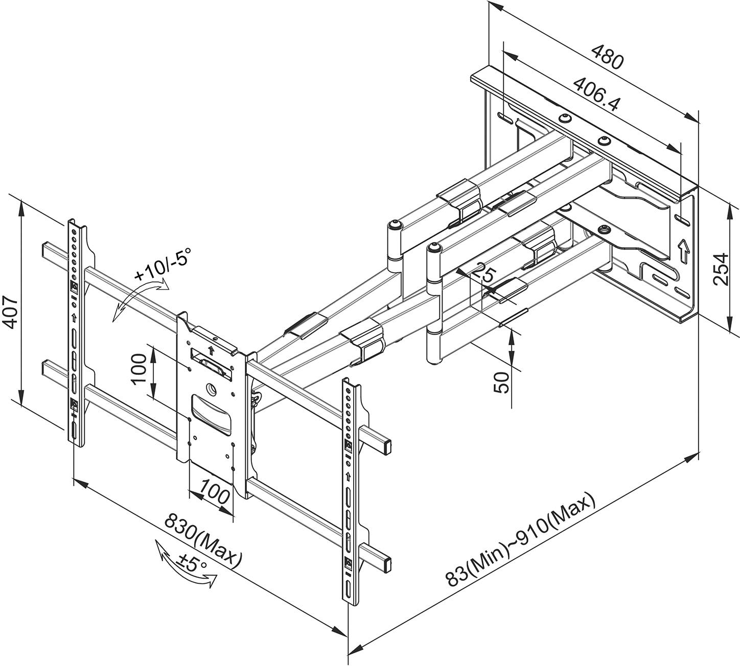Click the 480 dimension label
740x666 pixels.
(x=608, y=57)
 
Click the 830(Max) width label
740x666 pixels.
(x=202, y=541)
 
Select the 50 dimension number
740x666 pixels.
(x=503, y=382)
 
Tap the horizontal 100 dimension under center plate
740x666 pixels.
(x=215, y=495)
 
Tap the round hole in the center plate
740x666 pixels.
(x=211, y=390)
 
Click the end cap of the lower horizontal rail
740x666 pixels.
(x=388, y=564)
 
